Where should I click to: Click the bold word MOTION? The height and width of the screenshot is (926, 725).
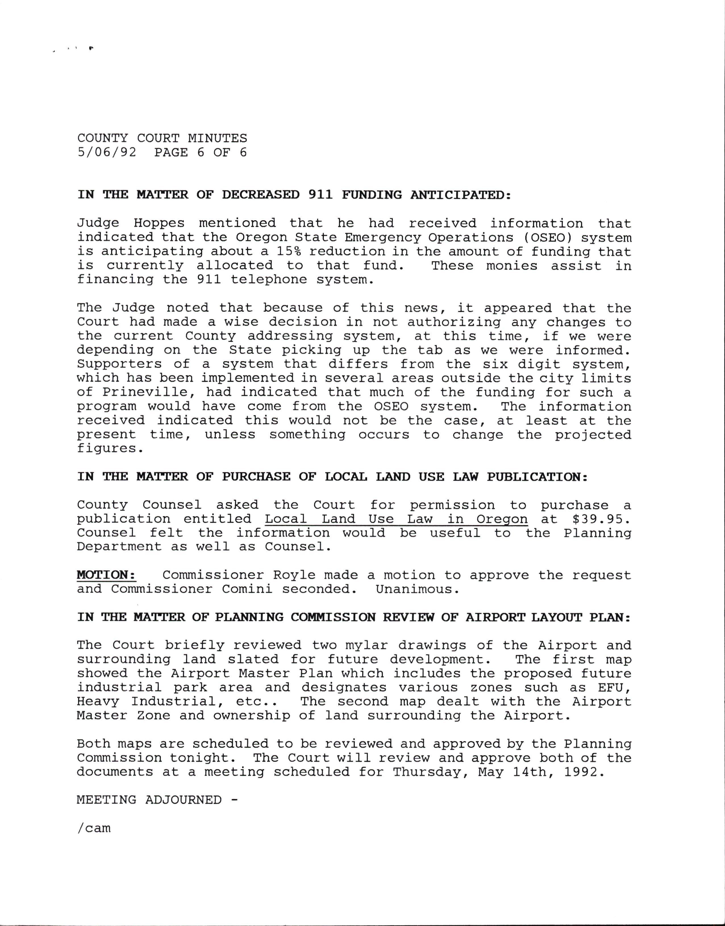pyautogui.click(x=107, y=575)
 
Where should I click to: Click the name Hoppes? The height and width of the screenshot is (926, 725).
pyautogui.click(x=159, y=223)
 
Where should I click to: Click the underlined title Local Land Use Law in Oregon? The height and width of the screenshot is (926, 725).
pyautogui.click(x=396, y=519)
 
